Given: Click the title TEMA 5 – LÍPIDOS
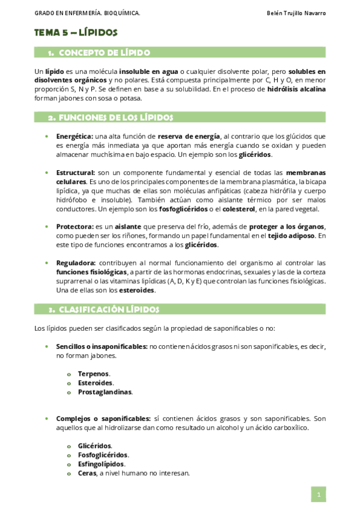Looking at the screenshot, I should tap(76, 32).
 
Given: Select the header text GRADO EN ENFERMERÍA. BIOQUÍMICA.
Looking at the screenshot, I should tap(87, 13).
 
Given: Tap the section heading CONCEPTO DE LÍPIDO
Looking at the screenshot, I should tap(104, 53).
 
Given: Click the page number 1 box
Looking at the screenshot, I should tap(318, 494).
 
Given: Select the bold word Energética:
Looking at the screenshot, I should tap(75, 137).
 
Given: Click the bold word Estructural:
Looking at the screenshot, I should tap(75, 173).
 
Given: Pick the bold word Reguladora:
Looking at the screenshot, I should tap(76, 263).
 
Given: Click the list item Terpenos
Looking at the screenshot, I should tap(93, 373).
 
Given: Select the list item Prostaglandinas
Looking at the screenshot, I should tap(105, 392).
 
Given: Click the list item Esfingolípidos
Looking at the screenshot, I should tap(101, 464).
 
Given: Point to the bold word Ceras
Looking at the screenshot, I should tap(87, 473).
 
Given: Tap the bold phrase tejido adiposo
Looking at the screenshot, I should tap(290, 236).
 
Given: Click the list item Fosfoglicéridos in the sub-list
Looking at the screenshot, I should tap(103, 455).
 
